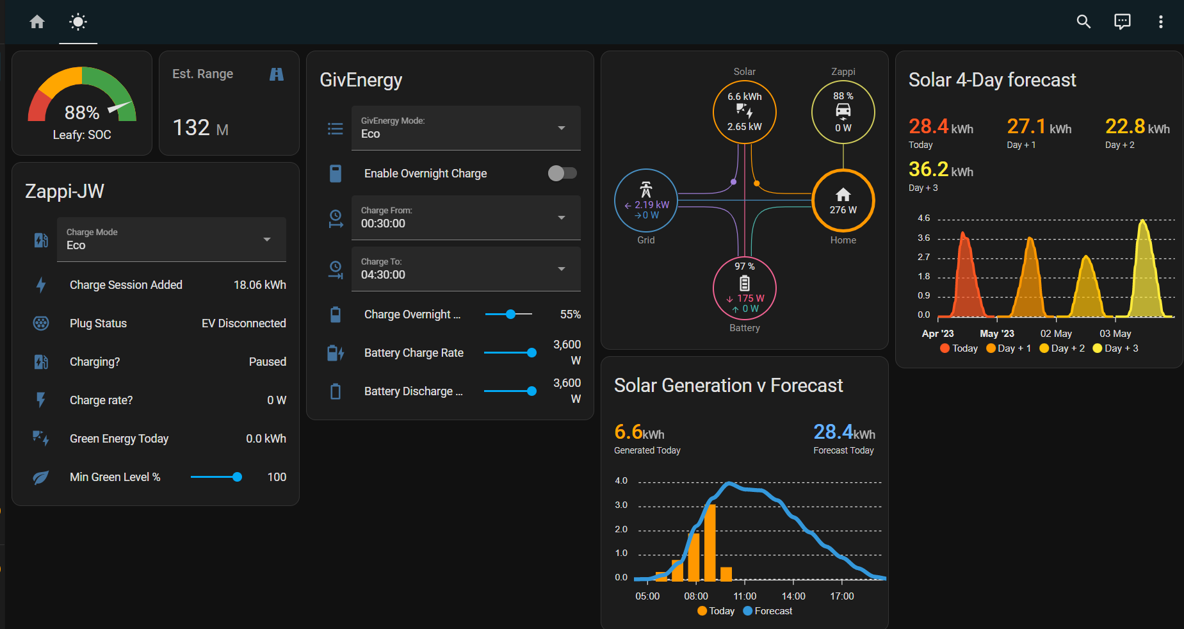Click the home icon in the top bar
[37, 22]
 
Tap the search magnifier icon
[1083, 22]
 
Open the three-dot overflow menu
[1160, 22]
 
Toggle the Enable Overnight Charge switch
[562, 173]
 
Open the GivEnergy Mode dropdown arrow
[562, 128]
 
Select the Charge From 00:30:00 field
[466, 218]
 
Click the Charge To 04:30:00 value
[383, 275]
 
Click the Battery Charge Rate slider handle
[531, 353]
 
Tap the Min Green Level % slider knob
[237, 477]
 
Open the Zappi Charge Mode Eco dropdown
[172, 240]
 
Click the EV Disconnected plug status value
[244, 323]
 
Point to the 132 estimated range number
[191, 127]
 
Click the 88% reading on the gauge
[82, 113]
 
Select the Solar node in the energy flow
[745, 112]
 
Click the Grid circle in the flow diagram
[646, 200]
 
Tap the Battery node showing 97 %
[745, 288]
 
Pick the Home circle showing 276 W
[843, 200]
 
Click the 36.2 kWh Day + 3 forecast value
[941, 169]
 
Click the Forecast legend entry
[768, 611]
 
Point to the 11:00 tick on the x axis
[745, 596]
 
